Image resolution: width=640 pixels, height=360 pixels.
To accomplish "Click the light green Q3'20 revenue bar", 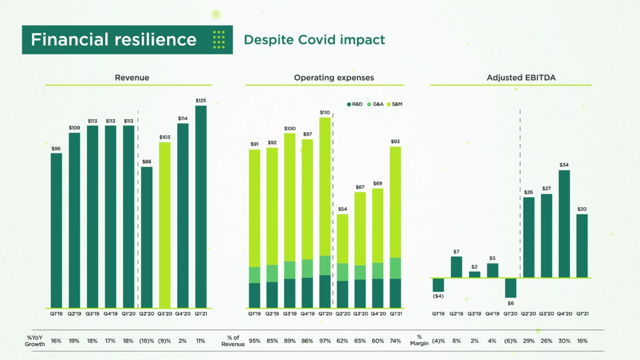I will coord(165,225).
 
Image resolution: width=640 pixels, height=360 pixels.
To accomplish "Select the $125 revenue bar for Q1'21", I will coord(201,207).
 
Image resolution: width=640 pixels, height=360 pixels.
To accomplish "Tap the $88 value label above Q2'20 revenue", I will coord(147,162).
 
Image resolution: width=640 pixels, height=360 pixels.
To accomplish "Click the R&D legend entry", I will coord(355,104).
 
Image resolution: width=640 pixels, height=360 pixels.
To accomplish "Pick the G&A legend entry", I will coord(375,104).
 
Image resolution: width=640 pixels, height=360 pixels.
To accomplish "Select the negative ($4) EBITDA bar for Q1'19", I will coord(438,285).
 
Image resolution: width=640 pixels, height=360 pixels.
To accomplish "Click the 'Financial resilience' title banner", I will coord(114,40).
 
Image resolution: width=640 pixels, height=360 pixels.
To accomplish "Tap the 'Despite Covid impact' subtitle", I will coord(314,40).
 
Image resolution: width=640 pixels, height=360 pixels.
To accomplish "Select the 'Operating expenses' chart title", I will coord(334,78).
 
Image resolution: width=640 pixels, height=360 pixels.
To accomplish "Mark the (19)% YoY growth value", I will coord(147,341).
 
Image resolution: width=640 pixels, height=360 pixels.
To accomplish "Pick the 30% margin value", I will coord(564,341).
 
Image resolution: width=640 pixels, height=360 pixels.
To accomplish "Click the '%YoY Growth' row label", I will coord(35,341).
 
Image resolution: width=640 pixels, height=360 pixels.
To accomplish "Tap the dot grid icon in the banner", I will coord(219,40).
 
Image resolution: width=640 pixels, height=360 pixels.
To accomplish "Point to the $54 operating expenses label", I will coord(342,209).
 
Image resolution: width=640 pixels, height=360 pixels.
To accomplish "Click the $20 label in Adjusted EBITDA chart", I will coord(582,209).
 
